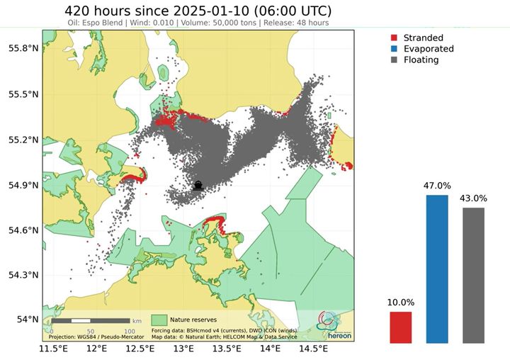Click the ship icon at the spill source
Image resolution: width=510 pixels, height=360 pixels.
point(198,186)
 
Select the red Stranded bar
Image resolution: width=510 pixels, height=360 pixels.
point(400,327)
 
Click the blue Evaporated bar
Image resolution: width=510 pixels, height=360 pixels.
point(437,269)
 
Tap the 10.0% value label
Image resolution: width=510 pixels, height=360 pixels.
point(400,303)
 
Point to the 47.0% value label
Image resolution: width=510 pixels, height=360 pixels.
point(437,186)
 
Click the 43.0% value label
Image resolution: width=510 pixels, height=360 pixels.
point(474,198)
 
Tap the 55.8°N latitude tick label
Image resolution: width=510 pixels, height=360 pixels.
point(23,48)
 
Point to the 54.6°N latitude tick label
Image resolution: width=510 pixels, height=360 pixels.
point(23,230)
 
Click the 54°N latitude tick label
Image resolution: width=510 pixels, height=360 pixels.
point(27,320)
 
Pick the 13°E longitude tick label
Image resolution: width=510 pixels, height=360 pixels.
point(183,349)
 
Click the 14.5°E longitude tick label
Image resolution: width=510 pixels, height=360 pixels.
point(314,349)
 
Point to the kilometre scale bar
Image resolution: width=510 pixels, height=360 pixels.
point(90,322)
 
